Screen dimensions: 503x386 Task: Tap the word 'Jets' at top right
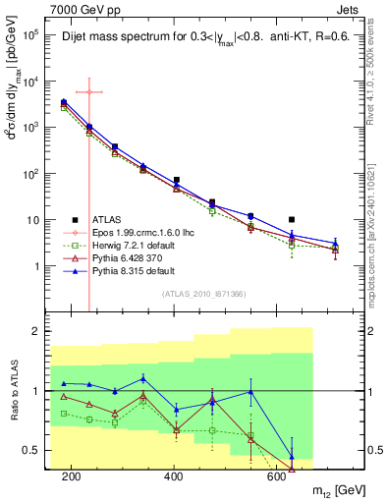(347, 9)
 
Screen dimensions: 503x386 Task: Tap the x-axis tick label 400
(174, 476)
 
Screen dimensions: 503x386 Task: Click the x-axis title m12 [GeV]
(337, 490)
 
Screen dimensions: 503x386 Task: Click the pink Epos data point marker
(89, 92)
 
